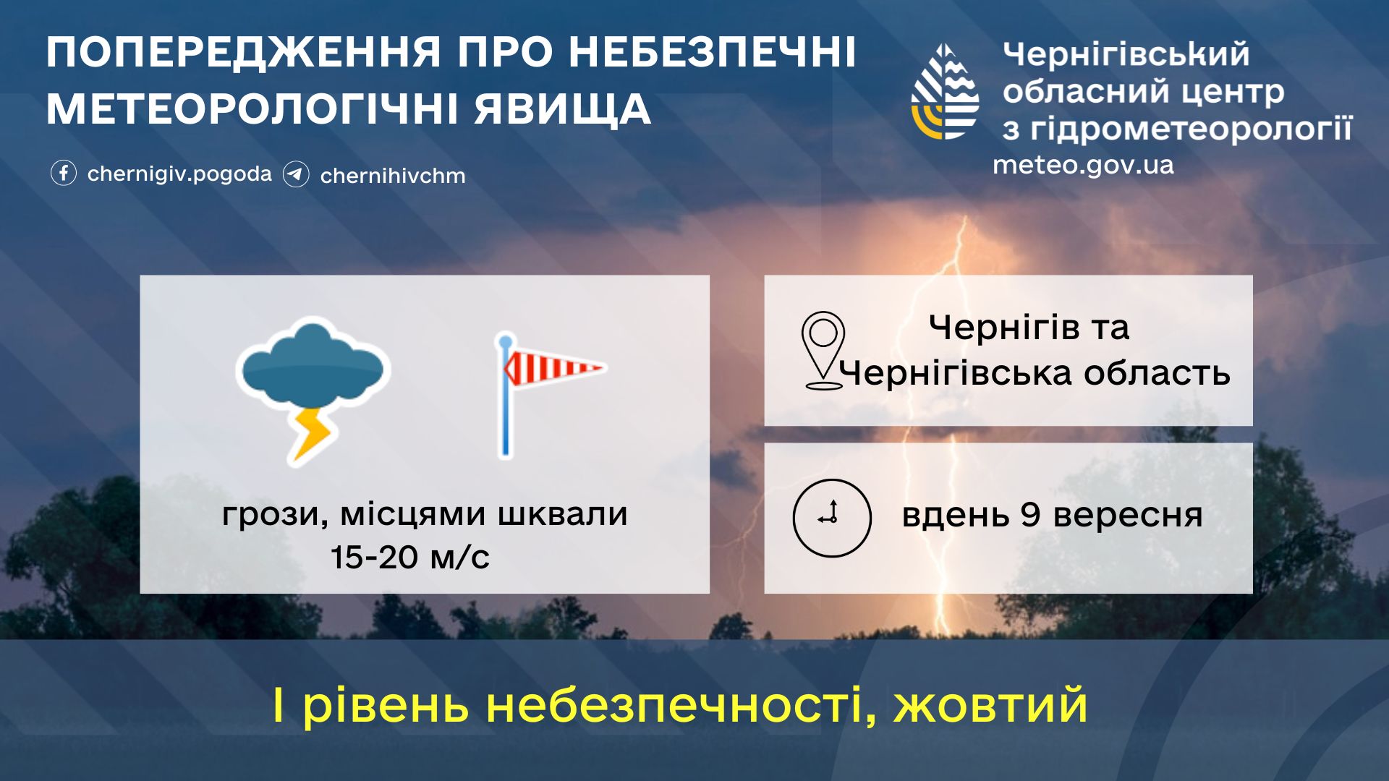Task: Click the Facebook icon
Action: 64,174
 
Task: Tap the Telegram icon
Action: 296,174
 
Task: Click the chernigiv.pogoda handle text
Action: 179,174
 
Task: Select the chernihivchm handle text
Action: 393,176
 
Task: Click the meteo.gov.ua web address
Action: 1083,165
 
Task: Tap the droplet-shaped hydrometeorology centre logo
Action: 945,92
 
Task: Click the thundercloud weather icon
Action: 313,390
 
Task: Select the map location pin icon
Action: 823,351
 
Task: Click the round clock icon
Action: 832,518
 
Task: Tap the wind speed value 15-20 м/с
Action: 410,558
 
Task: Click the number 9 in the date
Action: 1030,515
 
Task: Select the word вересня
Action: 1128,516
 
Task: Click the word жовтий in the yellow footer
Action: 990,705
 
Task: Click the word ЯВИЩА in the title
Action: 563,110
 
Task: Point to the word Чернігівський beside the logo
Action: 1126,54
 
